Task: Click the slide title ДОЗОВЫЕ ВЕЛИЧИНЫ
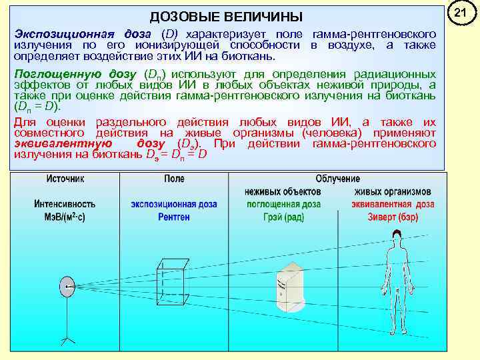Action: coord(225,16)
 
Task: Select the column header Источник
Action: coord(65,179)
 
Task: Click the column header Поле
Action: coord(174,179)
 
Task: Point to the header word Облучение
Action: coord(338,179)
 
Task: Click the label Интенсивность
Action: coord(65,204)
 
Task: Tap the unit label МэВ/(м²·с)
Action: coord(65,217)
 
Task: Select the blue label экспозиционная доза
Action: coord(174,204)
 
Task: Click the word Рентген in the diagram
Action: coord(174,217)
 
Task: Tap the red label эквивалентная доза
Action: coord(395,204)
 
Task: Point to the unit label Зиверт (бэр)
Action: coord(395,217)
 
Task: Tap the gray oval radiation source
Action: coord(67,287)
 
